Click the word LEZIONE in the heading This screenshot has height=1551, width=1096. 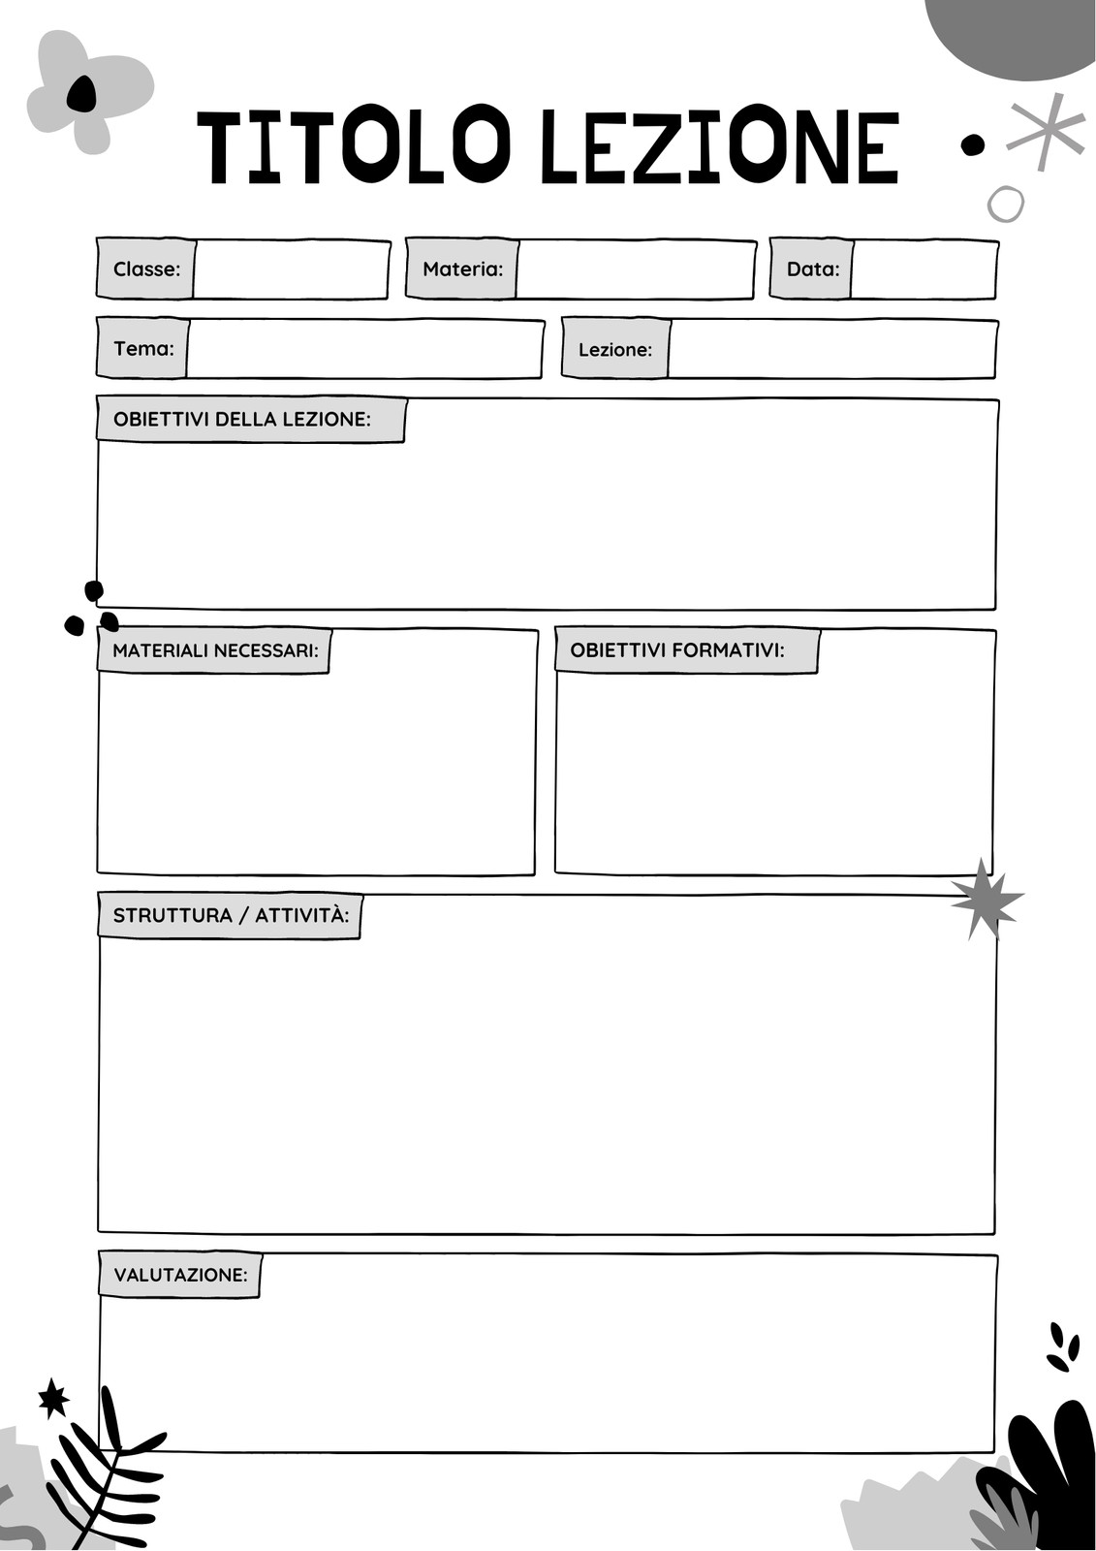tap(720, 146)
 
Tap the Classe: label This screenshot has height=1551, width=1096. tap(146, 269)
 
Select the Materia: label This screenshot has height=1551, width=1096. tap(462, 269)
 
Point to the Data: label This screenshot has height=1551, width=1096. tap(813, 269)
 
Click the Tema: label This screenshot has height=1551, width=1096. tap(144, 348)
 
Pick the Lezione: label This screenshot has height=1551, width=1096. tap(615, 350)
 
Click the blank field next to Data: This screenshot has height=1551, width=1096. tap(924, 269)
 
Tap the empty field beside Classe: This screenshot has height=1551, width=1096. tap(292, 269)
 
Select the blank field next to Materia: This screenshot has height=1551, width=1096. tap(636, 269)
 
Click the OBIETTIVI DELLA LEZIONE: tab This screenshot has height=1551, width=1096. tap(251, 420)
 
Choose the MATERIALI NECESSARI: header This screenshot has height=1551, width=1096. tap(214, 650)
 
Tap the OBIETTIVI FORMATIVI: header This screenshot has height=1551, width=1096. tap(687, 650)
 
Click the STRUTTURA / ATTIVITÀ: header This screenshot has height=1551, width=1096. tap(230, 915)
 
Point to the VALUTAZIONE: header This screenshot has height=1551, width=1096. tap(180, 1275)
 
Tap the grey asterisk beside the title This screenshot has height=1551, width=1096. tap(1047, 131)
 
